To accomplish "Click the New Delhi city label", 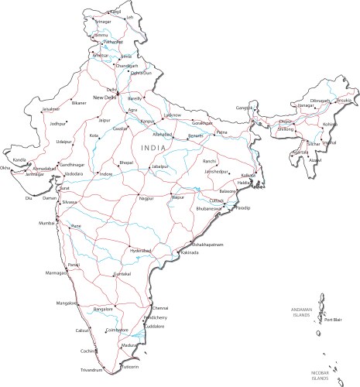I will point(105,98).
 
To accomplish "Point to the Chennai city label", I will point(160,308).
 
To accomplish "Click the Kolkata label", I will point(249,176).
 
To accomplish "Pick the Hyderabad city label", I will point(142,251).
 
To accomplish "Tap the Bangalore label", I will point(103,309).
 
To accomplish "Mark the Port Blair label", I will point(333,320).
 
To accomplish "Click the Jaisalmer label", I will point(29,109).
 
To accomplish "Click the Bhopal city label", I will point(126,163).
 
